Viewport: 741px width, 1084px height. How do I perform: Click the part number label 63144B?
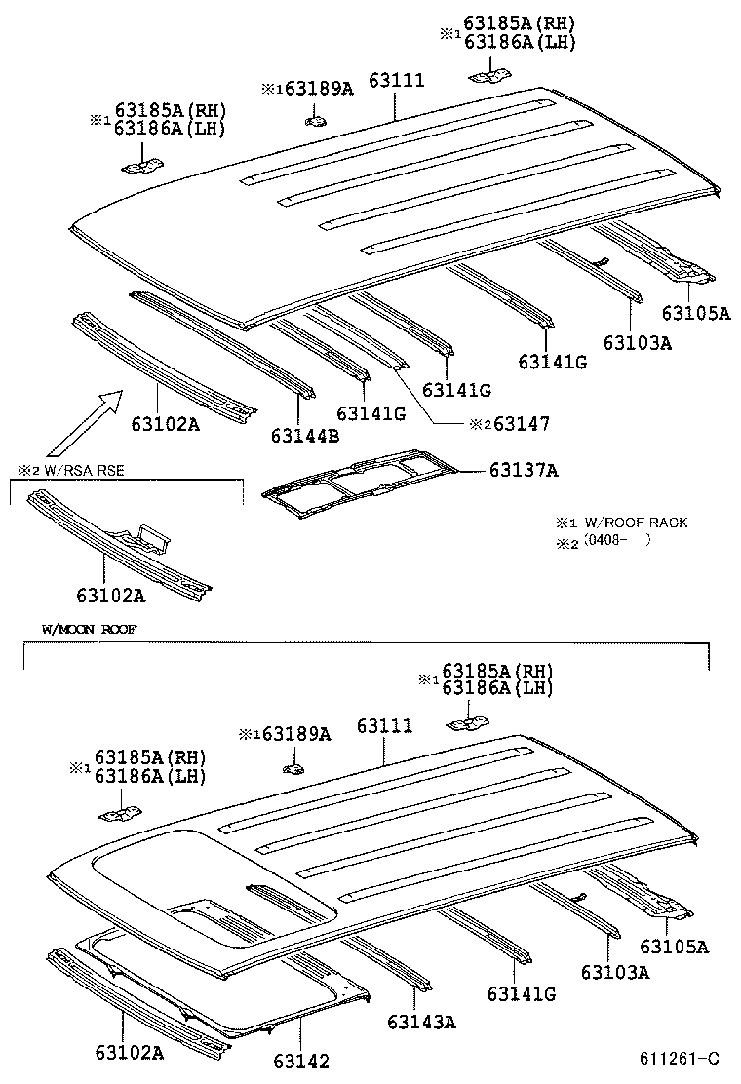tap(305, 435)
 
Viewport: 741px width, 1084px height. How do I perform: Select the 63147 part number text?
tap(522, 424)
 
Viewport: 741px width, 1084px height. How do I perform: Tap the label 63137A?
tap(524, 471)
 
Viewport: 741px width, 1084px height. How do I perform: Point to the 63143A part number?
tap(421, 1022)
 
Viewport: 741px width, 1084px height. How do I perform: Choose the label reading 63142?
tap(301, 1061)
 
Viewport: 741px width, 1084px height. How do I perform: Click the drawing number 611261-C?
tap(679, 1059)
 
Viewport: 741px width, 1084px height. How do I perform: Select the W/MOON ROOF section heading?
tap(89, 630)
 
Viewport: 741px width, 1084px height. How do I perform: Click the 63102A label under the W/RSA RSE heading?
tap(110, 594)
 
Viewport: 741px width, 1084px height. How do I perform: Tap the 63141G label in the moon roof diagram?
tap(522, 993)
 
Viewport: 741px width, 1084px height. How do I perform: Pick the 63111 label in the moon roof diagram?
tap(384, 726)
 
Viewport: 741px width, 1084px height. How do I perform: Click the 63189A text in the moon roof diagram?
tap(296, 734)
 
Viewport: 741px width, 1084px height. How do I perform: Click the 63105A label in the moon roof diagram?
tap(674, 947)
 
